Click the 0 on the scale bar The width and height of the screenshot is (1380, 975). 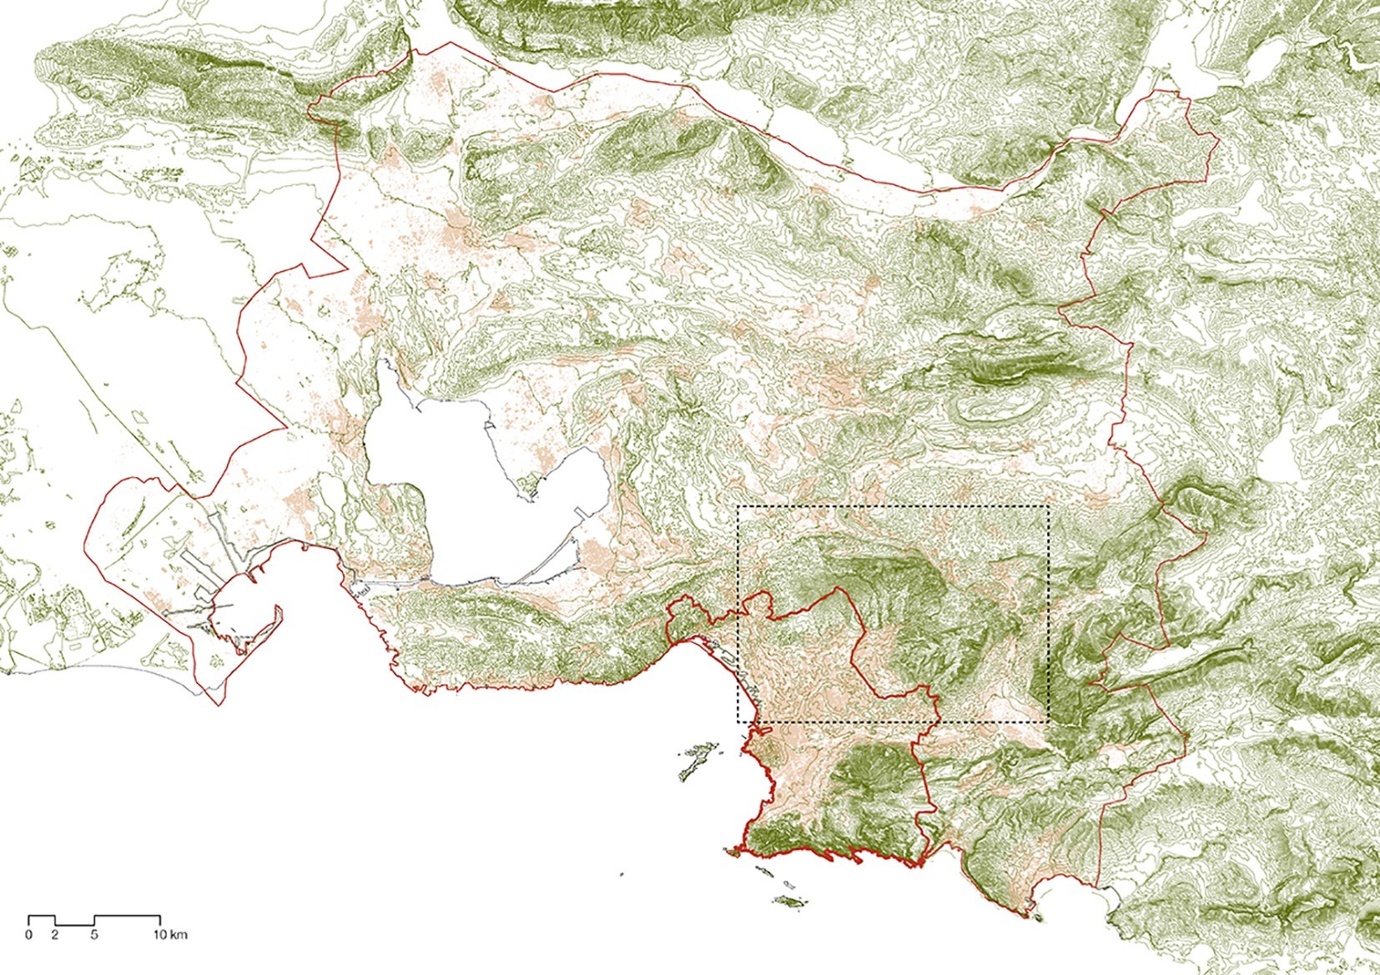coord(29,934)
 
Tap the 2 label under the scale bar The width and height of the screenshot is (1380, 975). coord(55,934)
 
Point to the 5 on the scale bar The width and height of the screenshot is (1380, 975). coord(94,934)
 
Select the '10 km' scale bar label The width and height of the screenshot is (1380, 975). coord(172,934)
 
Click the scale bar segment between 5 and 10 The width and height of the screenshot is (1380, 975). coord(127,917)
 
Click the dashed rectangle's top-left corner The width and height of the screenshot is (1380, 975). coord(738,506)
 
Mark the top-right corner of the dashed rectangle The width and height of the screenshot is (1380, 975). coord(1047,506)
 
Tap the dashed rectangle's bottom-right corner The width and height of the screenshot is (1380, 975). coord(1047,722)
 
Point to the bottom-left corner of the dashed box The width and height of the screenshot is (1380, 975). coord(738,722)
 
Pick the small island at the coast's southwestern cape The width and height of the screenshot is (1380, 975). coord(733,852)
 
